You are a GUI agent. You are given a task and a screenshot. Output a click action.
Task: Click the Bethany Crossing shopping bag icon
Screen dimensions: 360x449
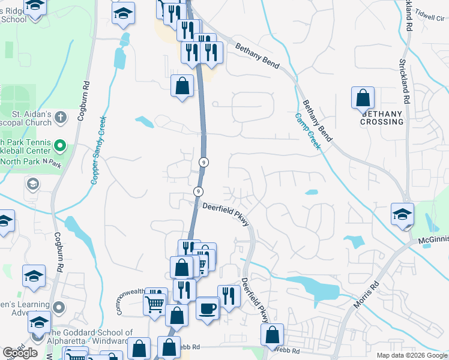pos(363,98)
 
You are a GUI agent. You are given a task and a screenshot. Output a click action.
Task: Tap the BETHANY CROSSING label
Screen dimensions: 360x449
pos(382,118)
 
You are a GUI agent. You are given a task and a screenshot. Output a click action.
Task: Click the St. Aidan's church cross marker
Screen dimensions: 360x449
pos(60,116)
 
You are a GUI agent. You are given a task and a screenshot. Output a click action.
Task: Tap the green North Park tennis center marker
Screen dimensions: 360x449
pos(59,146)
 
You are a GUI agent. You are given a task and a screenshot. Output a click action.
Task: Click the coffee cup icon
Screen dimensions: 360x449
pos(208,308)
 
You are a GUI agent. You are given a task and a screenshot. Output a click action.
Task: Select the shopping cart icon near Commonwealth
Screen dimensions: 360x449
pos(154,304)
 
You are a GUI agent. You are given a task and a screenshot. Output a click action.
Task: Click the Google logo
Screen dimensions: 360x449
pos(20,353)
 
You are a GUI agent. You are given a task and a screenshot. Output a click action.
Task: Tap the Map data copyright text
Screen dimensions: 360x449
pos(411,355)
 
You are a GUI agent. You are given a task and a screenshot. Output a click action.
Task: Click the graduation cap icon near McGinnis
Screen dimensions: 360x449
pos(402,214)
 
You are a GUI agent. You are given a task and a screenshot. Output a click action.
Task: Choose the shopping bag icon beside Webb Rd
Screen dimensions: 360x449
pos(273,335)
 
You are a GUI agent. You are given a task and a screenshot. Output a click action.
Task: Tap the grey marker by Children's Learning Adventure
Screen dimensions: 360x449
pos(59,307)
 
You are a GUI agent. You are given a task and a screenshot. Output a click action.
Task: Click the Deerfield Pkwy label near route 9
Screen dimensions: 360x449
pos(223,208)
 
